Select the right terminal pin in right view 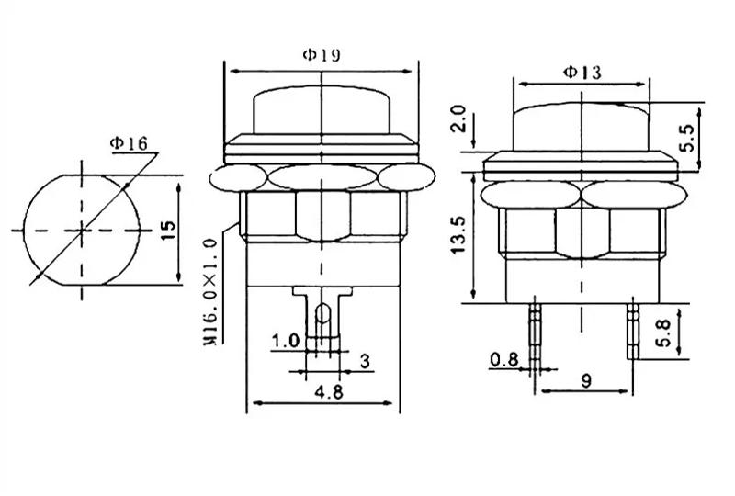[632, 332]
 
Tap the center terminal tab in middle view [322, 317]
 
